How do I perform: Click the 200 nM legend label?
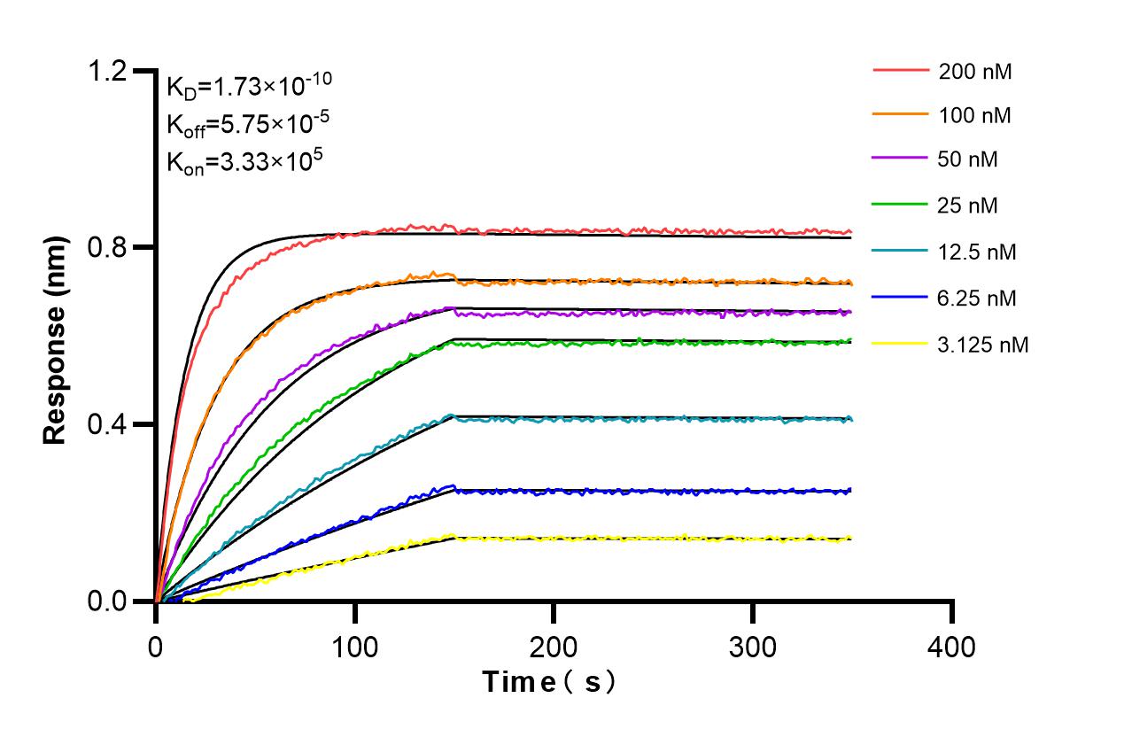(x=975, y=72)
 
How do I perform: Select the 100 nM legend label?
(x=975, y=115)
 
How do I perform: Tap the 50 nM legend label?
(x=968, y=160)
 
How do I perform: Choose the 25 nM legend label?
(x=968, y=206)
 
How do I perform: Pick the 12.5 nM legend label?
(x=977, y=252)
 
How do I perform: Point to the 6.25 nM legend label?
(x=977, y=299)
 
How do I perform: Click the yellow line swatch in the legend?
(x=901, y=344)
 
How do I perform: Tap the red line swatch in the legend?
(x=901, y=70)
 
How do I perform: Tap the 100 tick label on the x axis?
(x=355, y=648)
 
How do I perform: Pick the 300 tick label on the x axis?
(x=753, y=648)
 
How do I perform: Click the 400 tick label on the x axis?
(x=952, y=648)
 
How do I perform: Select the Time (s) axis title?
(x=549, y=682)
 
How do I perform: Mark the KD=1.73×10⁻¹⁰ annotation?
(x=249, y=87)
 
